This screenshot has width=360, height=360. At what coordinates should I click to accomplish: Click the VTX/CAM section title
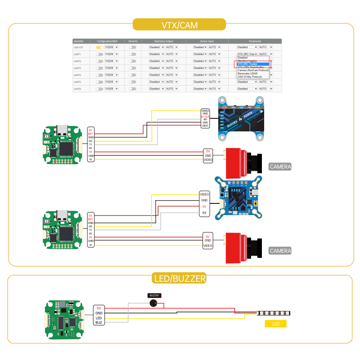[x=179, y=24]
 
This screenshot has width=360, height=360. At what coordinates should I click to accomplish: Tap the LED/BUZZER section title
[x=180, y=279]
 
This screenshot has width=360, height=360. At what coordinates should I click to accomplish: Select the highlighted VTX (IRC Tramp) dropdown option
[x=252, y=64]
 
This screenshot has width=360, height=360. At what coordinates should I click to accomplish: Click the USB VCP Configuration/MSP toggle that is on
[x=99, y=47]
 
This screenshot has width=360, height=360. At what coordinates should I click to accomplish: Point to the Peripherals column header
[x=255, y=41]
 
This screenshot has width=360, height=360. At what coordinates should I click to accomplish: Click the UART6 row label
[x=77, y=89]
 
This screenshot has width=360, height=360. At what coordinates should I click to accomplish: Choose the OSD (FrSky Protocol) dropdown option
[x=250, y=77]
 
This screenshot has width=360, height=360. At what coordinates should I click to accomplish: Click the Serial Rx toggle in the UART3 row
[x=132, y=68]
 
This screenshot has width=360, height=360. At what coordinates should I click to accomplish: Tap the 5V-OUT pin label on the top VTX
[x=205, y=117]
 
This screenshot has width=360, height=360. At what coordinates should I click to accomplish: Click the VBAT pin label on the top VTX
[x=205, y=126]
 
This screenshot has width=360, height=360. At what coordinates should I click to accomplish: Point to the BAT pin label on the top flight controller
[x=90, y=134]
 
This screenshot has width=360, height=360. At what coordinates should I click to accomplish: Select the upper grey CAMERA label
[x=280, y=166]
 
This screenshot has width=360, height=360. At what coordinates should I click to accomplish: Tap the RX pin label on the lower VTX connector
[x=204, y=213]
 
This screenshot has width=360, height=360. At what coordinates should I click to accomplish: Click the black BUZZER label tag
[x=154, y=295]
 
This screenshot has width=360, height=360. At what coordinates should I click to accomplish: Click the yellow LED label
[x=276, y=324]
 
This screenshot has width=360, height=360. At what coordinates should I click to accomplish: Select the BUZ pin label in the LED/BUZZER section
[x=99, y=322]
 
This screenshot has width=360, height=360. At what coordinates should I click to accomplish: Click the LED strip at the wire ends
[x=274, y=313]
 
